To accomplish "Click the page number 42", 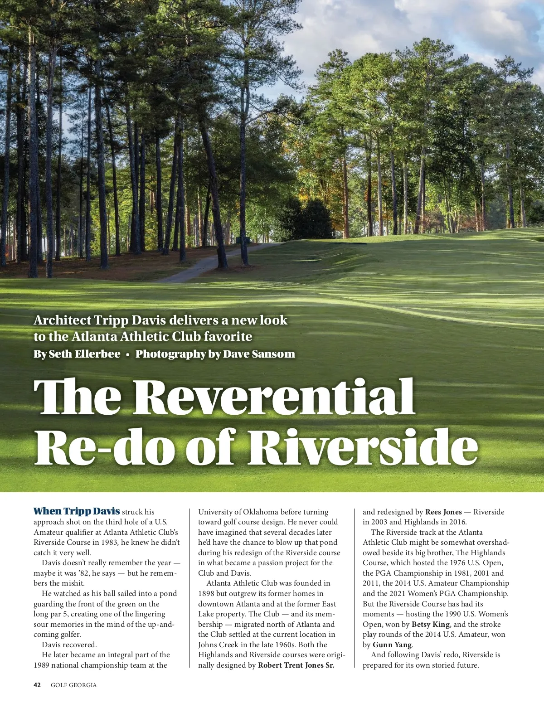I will pyautogui.click(x=37, y=685).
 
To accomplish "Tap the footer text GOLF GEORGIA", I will pyautogui.click(x=73, y=685).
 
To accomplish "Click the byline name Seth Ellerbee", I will pyautogui.click(x=85, y=354).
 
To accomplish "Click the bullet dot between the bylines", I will pyautogui.click(x=128, y=354).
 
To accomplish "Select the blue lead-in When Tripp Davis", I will pyautogui.click(x=77, y=511).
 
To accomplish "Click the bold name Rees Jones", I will pyautogui.click(x=443, y=512).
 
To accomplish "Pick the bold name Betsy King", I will pyautogui.click(x=430, y=625).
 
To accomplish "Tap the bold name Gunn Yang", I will pyautogui.click(x=392, y=645).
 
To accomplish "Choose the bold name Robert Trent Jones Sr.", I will pyautogui.click(x=296, y=665).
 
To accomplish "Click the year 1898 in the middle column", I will pyautogui.click(x=206, y=594).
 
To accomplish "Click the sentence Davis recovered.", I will pyautogui.click(x=69, y=645).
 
